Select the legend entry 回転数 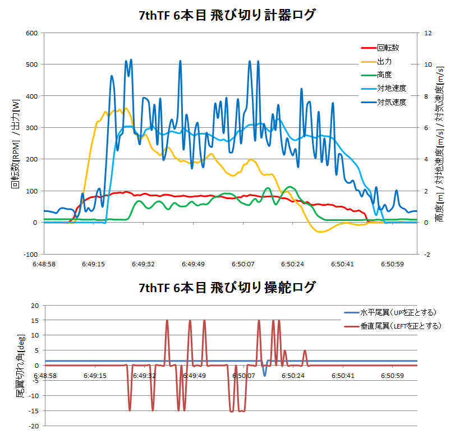point(388,48)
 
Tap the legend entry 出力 point(384,61)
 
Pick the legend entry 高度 point(384,75)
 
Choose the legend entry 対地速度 point(391,89)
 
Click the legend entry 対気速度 point(391,102)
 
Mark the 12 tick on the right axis point(428,33)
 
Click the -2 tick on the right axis point(428,254)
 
